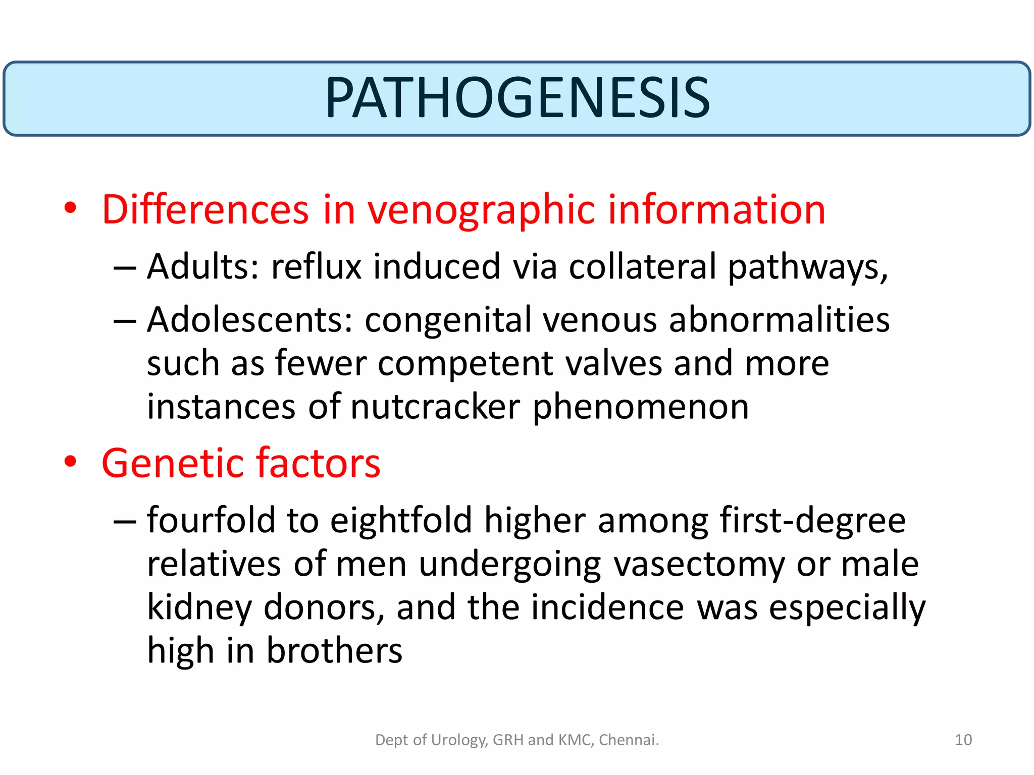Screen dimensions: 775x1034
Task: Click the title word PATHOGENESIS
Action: click(x=517, y=98)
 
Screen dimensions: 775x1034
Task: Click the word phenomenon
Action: click(x=641, y=408)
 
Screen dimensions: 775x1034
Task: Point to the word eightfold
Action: click(x=401, y=521)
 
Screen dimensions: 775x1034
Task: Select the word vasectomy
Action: click(x=699, y=565)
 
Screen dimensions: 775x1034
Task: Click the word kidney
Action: click(x=199, y=608)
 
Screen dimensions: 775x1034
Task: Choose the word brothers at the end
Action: click(x=334, y=651)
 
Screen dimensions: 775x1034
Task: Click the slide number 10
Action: click(x=963, y=740)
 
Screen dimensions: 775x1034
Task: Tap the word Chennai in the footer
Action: click(x=628, y=740)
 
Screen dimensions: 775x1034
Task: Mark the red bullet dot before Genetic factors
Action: click(x=70, y=461)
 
